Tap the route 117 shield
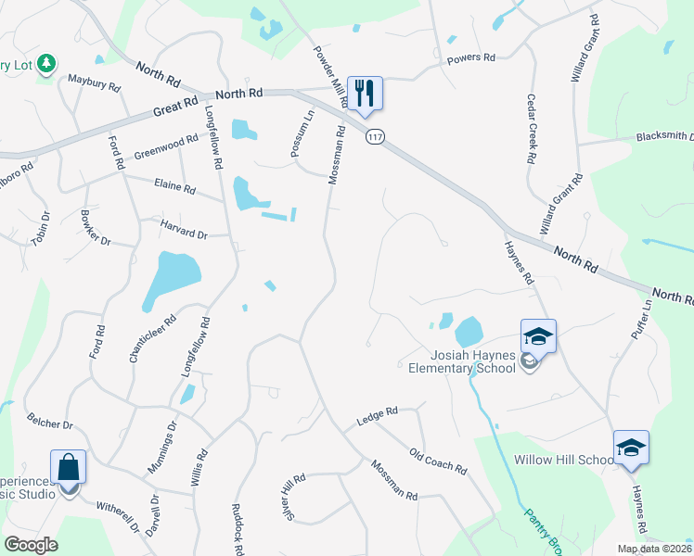click(375, 137)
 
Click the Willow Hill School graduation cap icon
click(631, 449)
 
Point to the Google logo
click(31, 544)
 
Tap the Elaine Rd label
click(175, 189)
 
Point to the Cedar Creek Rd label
click(532, 129)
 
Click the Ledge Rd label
click(377, 417)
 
